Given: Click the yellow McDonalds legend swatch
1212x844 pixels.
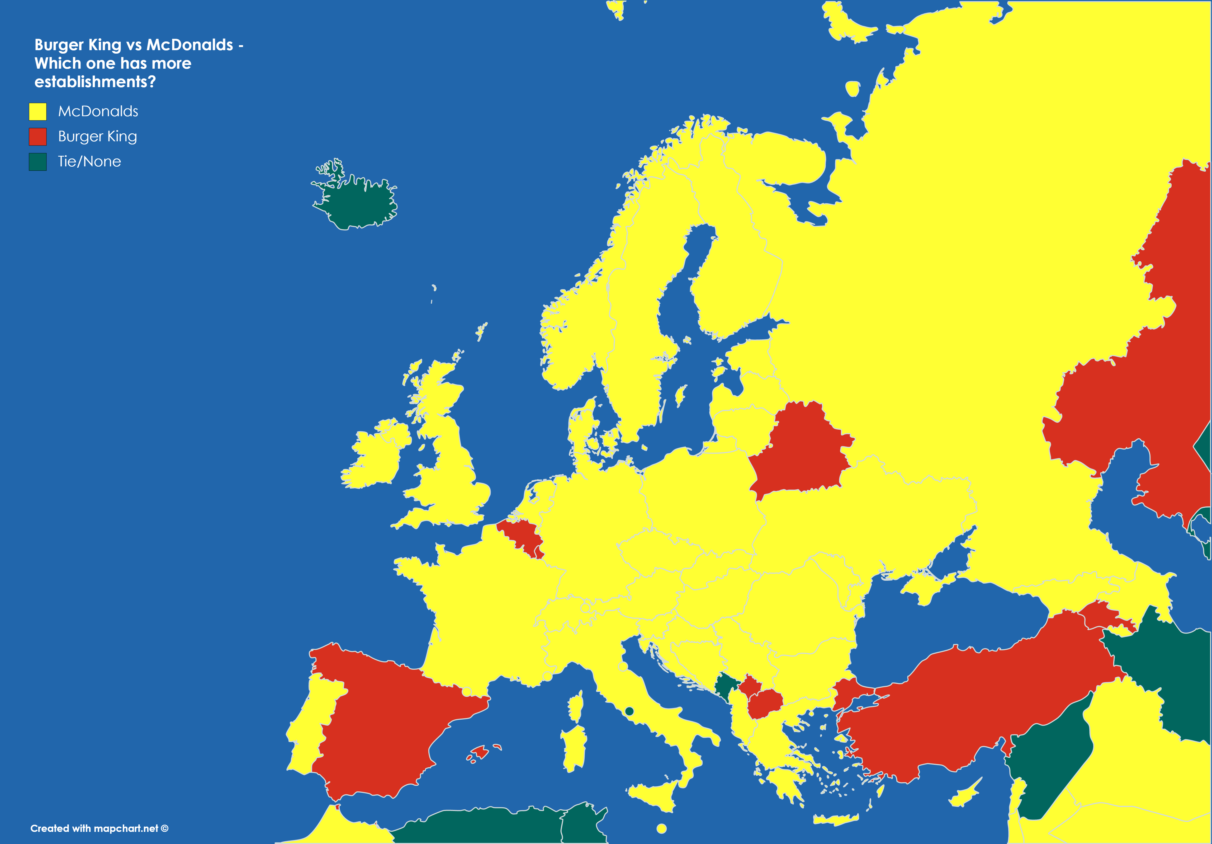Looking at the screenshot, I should [37, 111].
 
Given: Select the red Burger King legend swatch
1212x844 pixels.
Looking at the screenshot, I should [37, 136].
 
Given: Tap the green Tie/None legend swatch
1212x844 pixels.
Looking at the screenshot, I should [37, 162].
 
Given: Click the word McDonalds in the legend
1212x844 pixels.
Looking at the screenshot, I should [98, 111].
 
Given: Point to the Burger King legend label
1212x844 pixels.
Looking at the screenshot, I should [98, 136].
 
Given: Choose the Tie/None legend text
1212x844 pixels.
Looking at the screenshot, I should [89, 162].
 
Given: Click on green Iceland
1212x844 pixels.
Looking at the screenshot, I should [359, 203].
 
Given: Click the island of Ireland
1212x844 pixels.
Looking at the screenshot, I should [375, 457].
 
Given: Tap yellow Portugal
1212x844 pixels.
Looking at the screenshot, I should [309, 729].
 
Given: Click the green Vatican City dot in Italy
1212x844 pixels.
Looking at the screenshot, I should [629, 711].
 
